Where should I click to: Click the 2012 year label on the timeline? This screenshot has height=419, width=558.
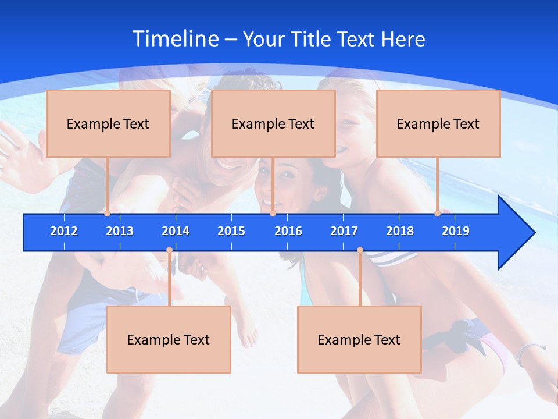(x=64, y=231)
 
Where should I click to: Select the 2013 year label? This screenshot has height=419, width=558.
(x=120, y=231)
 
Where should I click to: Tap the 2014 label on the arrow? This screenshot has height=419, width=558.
(x=176, y=231)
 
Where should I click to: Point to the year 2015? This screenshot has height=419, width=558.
(x=231, y=231)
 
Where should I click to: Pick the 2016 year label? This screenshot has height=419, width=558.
(x=288, y=231)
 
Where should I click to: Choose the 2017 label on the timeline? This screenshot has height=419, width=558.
(x=344, y=231)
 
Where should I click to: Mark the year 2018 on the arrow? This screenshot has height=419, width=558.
(x=400, y=231)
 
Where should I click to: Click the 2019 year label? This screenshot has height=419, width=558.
(x=456, y=231)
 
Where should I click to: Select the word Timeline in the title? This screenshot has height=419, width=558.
(x=175, y=39)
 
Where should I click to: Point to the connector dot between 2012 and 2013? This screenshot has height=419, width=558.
(x=107, y=214)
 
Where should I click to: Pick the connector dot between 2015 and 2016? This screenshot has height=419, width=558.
(x=273, y=214)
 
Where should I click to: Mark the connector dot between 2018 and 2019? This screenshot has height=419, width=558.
(x=437, y=214)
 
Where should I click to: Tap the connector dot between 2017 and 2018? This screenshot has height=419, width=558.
(x=360, y=250)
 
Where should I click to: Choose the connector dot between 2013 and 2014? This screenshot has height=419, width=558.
(x=169, y=250)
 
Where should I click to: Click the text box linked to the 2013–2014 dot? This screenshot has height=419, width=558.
(x=169, y=339)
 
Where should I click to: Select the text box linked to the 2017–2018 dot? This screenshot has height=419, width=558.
(x=359, y=339)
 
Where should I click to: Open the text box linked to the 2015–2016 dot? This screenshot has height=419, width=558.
(x=273, y=123)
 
